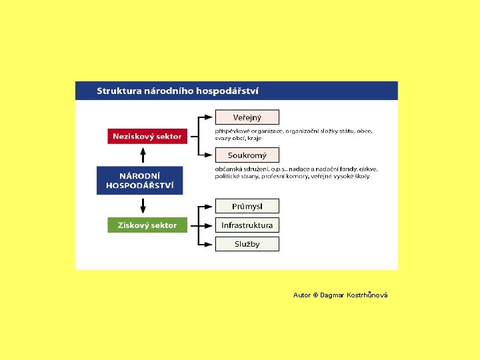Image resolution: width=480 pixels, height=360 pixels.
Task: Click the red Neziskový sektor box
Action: pyautogui.click(x=147, y=136)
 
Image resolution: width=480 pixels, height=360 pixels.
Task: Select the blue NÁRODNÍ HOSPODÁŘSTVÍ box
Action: pyautogui.click(x=139, y=180)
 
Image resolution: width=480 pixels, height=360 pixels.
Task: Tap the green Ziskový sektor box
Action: pyautogui.click(x=147, y=225)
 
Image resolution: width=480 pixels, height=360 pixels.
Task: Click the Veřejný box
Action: pyautogui.click(x=247, y=117)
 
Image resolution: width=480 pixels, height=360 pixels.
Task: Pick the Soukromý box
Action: pyautogui.click(x=247, y=155)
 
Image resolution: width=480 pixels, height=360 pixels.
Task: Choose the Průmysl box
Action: pyautogui.click(x=247, y=206)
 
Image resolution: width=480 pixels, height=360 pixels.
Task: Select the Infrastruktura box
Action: pyautogui.click(x=247, y=225)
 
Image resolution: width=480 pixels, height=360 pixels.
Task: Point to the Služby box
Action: pyautogui.click(x=247, y=244)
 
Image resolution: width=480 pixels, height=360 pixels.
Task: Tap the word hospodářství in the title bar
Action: pyautogui.click(x=227, y=91)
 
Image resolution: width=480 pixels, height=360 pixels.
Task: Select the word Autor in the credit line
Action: pyautogui.click(x=301, y=295)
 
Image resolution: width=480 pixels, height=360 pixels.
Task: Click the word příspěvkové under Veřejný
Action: pyautogui.click(x=230, y=131)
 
